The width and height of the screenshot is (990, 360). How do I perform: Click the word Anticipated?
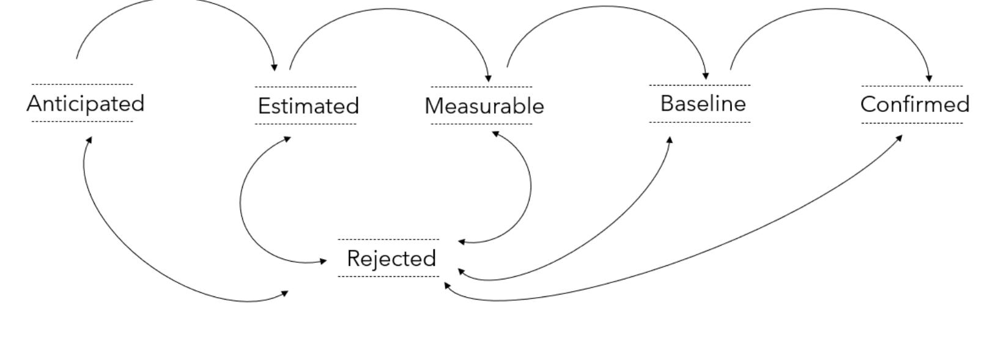pyautogui.click(x=85, y=103)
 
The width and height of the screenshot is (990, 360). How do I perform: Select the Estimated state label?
pyautogui.click(x=308, y=106)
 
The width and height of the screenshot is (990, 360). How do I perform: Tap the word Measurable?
pyautogui.click(x=484, y=106)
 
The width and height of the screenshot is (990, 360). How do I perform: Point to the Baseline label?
pyautogui.click(x=703, y=104)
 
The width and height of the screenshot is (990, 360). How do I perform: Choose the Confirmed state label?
pyautogui.click(x=914, y=105)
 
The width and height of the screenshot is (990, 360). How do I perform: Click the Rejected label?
pyautogui.click(x=391, y=259)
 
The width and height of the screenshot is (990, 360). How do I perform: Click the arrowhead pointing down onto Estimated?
pyautogui.click(x=275, y=67)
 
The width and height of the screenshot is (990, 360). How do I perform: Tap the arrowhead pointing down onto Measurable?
pyautogui.click(x=488, y=78)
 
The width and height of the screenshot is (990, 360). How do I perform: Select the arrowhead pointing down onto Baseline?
pyautogui.click(x=706, y=76)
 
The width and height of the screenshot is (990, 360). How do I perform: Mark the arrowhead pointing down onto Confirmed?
pyautogui.click(x=929, y=78)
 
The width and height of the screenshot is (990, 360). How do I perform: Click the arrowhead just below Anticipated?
pyautogui.click(x=89, y=140)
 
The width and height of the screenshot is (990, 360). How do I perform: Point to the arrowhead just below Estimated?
pyautogui.click(x=287, y=139)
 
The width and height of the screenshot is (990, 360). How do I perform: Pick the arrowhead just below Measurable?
pyautogui.click(x=495, y=133)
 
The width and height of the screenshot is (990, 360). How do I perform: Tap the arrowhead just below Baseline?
pyautogui.click(x=670, y=140)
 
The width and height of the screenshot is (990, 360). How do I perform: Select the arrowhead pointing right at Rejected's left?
pyautogui.click(x=323, y=261)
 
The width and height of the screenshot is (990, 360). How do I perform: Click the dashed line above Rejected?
pyautogui.click(x=388, y=240)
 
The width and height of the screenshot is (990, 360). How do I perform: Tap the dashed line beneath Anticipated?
pyautogui.click(x=82, y=122)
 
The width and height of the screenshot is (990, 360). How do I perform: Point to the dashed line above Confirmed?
pyautogui.click(x=912, y=86)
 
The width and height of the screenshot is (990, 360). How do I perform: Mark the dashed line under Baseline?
pyautogui.click(x=700, y=122)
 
